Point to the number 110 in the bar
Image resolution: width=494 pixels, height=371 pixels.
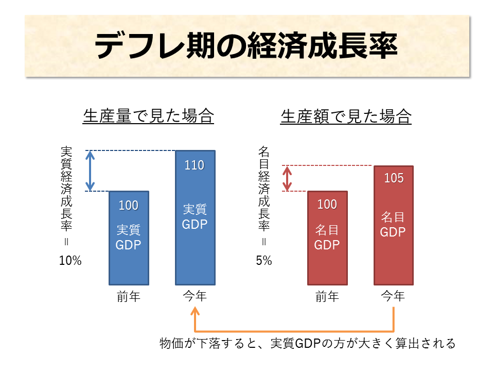[x=195, y=165]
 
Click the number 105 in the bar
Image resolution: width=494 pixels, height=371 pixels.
[x=393, y=179]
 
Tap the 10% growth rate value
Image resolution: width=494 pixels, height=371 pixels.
[x=70, y=261]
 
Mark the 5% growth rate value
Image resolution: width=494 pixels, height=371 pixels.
[x=264, y=261]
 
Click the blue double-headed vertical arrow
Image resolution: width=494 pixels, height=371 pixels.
[x=90, y=171]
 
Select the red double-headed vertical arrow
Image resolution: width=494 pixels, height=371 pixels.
[x=287, y=178]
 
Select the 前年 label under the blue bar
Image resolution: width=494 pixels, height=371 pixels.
[x=129, y=297]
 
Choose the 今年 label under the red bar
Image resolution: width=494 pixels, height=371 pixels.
[x=393, y=297]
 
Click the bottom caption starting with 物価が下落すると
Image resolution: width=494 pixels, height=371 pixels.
[x=307, y=344]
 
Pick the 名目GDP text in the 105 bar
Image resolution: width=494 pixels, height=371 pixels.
[x=393, y=224]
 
